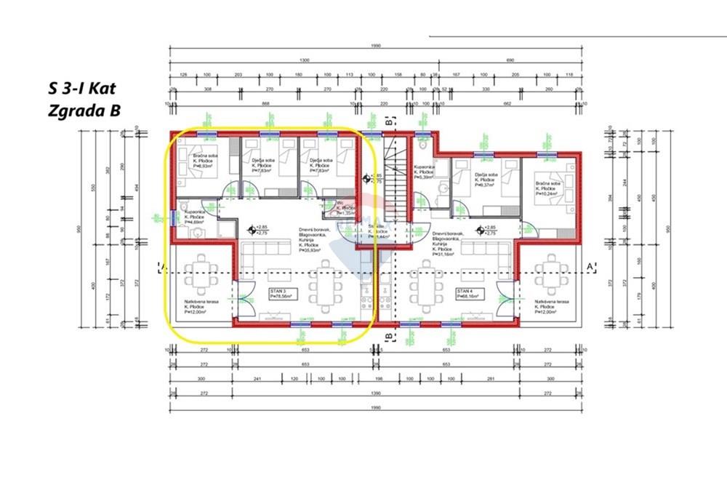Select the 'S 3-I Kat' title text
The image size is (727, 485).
(81, 89)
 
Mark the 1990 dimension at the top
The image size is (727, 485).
(375, 47)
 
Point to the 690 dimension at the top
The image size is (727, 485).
(510, 60)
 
